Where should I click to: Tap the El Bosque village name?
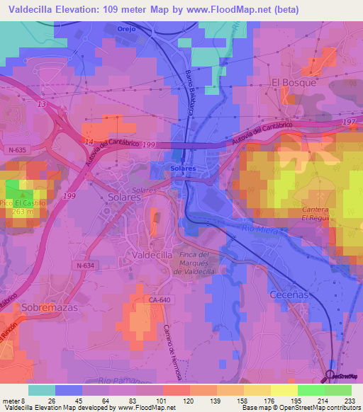click(294, 82)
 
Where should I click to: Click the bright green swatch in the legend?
click(311, 390)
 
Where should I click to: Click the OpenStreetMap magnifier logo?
click(331, 376)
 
